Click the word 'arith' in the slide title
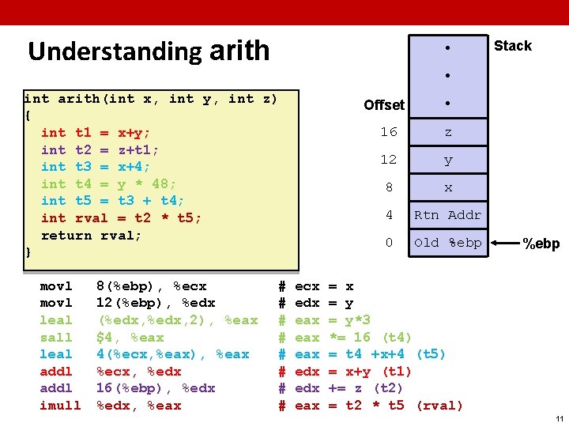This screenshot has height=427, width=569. click(239, 51)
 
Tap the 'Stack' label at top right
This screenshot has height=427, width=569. click(512, 46)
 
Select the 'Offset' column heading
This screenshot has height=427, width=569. click(384, 104)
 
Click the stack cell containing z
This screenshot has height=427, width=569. click(448, 132)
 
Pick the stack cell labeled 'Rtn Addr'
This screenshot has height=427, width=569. click(447, 215)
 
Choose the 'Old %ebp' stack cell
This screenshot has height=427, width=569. click(447, 243)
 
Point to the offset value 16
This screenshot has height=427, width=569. click(388, 132)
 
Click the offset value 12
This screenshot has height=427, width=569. click(388, 160)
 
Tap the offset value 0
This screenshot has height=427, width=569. click(389, 243)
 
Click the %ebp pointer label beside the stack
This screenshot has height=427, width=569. click(541, 244)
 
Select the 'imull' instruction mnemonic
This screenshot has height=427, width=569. click(60, 406)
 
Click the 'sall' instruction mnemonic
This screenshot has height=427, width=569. click(56, 338)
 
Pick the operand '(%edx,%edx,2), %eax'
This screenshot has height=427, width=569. click(177, 320)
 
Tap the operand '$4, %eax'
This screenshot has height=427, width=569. click(130, 338)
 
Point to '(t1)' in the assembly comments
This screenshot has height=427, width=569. click(395, 372)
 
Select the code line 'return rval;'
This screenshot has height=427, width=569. click(91, 235)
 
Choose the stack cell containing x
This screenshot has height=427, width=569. click(448, 188)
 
